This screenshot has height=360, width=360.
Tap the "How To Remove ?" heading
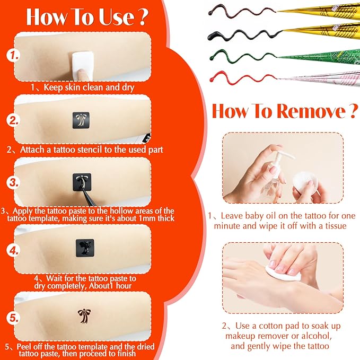(x=284, y=111)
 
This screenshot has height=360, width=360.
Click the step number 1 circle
(x=14, y=55)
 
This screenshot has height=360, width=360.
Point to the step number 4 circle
(x=14, y=249)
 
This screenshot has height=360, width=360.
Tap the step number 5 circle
(x=14, y=319)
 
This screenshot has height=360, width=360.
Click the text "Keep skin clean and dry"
(x=89, y=86)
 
